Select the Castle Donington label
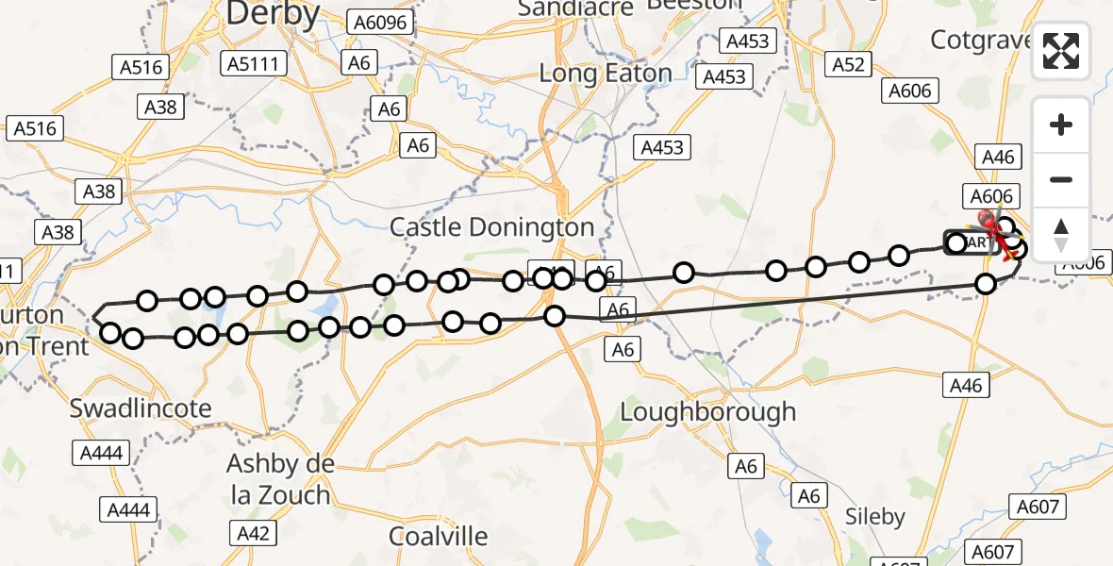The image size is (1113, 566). [492, 227]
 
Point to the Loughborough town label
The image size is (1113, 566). [707, 412]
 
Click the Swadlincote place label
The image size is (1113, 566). [141, 408]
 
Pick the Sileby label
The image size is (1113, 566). [874, 516]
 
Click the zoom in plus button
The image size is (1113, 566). [1061, 125]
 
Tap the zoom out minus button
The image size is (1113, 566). [1061, 179]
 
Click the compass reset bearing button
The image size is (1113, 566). [1061, 234]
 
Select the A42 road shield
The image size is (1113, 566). [254, 533]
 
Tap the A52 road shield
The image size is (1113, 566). [847, 63]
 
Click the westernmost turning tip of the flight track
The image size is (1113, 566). [94, 318]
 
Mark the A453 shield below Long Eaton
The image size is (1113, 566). [661, 147]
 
